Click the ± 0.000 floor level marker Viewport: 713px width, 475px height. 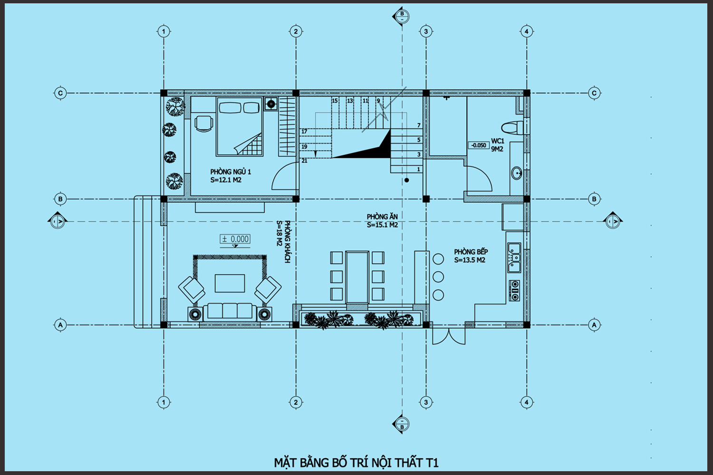[235, 239]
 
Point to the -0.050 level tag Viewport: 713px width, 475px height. [478, 145]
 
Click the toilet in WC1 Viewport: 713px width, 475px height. [512, 128]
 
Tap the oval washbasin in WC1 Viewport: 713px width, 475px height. [517, 173]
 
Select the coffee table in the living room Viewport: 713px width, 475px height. [230, 283]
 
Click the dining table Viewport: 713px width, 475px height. [357, 277]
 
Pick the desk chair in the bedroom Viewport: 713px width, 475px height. [203, 123]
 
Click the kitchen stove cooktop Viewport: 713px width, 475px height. [514, 291]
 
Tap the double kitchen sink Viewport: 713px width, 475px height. [514, 258]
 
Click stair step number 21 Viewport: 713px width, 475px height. [305, 161]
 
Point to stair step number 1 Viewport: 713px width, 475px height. [419, 169]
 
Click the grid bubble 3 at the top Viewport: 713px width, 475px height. [426, 31]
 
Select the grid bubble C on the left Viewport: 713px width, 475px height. [60, 93]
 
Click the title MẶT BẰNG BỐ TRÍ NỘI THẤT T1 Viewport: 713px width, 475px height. [356, 463]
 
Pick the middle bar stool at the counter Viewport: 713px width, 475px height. [438, 277]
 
